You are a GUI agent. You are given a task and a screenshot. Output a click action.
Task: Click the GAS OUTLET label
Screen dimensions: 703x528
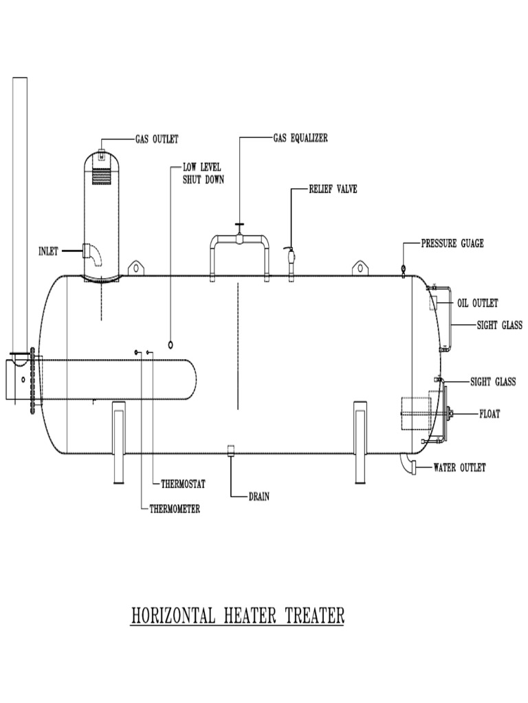(157, 139)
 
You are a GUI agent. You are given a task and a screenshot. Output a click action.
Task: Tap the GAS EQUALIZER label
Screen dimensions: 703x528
(300, 138)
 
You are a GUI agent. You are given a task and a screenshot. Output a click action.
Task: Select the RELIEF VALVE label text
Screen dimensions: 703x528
(333, 188)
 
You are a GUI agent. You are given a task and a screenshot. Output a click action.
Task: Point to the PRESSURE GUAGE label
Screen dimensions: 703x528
(452, 243)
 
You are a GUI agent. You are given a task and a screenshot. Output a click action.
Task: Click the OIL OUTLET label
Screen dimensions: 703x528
(477, 303)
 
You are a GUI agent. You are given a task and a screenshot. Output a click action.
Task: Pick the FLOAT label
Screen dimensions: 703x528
(489, 413)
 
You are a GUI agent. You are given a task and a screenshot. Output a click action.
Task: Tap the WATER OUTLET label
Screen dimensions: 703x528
(459, 468)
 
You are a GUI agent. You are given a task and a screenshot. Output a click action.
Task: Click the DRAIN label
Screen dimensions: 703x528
(258, 496)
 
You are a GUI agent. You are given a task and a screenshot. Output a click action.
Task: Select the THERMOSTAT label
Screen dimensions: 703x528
(183, 484)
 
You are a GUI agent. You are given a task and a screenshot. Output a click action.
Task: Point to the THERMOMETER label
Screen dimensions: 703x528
(175, 509)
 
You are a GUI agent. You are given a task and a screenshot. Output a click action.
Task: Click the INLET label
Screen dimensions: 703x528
(48, 251)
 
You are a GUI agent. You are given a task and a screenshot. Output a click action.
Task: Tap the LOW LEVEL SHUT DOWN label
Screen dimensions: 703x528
(202, 174)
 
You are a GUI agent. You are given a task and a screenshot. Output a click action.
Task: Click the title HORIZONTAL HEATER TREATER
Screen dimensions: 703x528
(237, 616)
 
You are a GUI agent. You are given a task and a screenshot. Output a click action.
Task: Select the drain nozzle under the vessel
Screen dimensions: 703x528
(231, 450)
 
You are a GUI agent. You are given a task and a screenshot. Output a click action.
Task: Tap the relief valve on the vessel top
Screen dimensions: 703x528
(290, 257)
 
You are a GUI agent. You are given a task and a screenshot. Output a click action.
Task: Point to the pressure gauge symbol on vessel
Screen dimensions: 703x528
(403, 268)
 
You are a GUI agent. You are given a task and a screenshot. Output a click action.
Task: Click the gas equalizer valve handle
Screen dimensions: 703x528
(239, 226)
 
